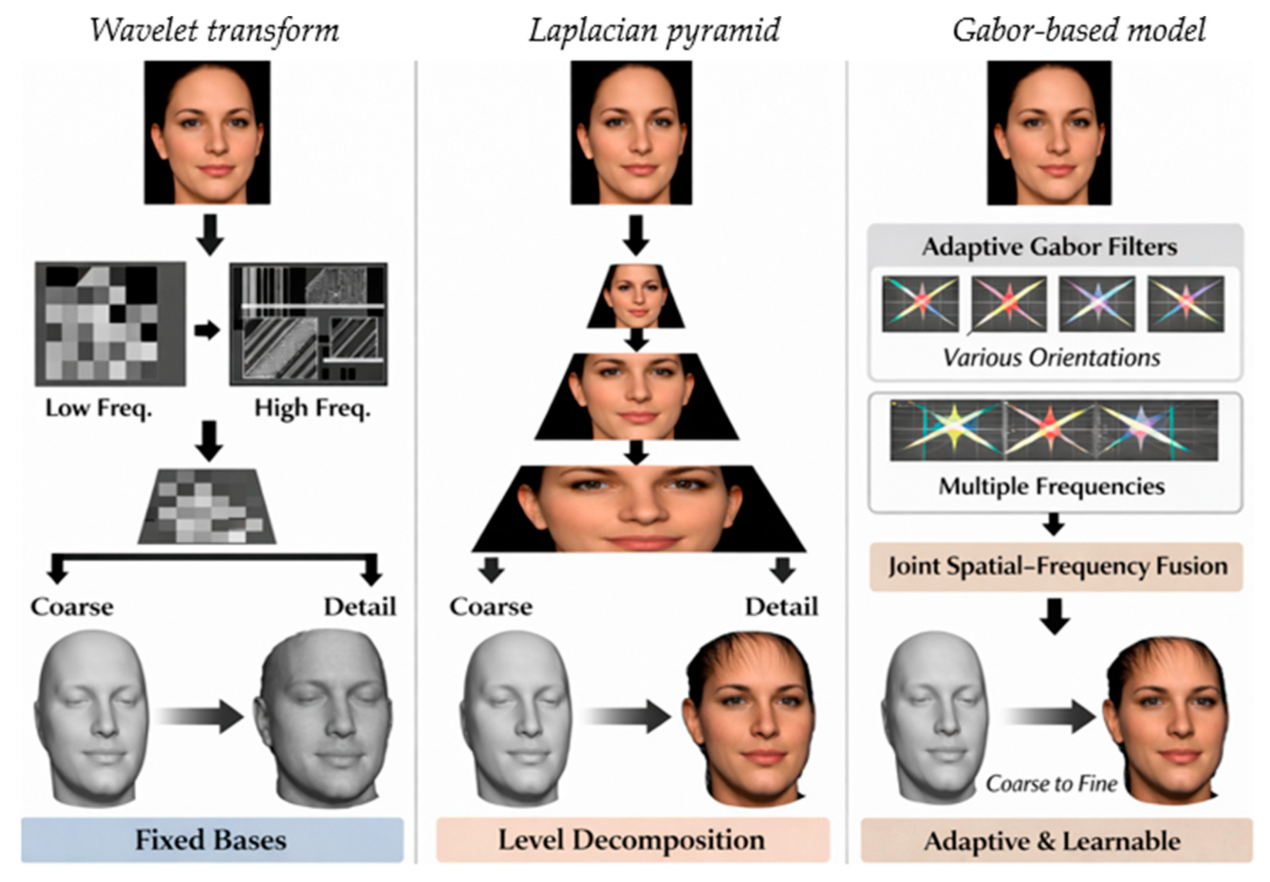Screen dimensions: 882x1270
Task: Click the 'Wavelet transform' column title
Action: (214, 30)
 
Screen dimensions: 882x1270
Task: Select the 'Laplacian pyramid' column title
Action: (654, 30)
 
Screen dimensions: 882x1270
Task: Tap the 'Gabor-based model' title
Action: (1079, 30)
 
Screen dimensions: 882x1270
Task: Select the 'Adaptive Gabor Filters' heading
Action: (1050, 246)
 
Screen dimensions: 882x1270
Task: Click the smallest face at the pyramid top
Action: (636, 296)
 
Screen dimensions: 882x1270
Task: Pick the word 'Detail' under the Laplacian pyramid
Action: (782, 607)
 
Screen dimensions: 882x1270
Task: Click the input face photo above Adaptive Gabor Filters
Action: (1049, 133)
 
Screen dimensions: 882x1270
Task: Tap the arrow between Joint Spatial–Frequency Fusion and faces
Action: (1055, 615)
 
